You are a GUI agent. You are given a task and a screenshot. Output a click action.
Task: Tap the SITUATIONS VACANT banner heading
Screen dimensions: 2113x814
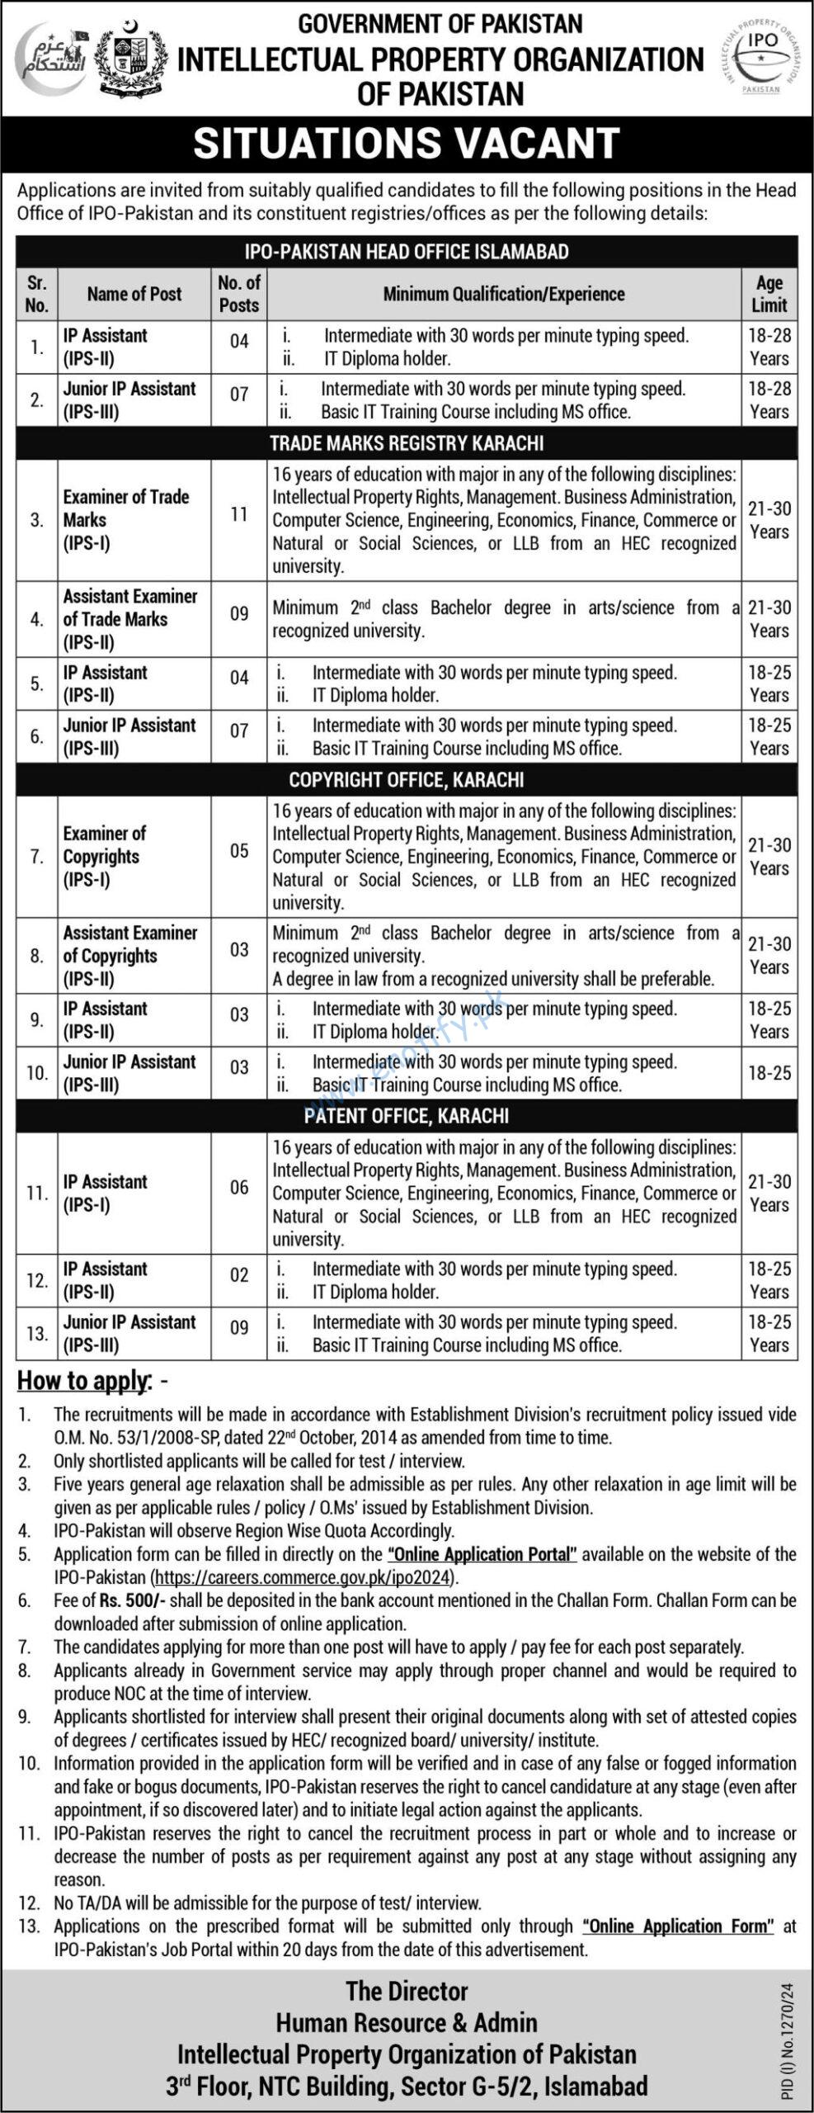407,144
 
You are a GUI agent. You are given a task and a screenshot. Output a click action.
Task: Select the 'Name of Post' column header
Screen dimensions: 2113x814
134,294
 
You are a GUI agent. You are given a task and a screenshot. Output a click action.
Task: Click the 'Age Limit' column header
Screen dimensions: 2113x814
769,294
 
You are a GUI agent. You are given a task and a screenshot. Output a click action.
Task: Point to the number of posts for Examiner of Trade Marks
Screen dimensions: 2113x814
239,515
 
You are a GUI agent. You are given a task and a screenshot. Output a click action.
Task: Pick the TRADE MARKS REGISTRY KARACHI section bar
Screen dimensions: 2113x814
407,443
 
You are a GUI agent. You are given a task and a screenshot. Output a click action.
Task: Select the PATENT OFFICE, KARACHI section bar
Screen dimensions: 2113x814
407,1116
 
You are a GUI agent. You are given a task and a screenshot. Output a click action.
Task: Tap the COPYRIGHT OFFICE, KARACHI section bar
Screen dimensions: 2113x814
407,779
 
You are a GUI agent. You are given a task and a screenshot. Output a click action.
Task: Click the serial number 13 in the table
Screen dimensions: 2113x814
37,1333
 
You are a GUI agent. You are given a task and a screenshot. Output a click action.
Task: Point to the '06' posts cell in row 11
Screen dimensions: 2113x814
239,1187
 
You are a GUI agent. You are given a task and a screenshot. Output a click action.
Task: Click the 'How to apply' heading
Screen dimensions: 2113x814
84,1381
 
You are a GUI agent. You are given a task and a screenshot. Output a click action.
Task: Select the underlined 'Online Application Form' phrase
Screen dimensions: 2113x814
678,1926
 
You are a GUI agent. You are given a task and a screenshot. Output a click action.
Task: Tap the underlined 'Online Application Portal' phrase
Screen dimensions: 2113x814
482,1554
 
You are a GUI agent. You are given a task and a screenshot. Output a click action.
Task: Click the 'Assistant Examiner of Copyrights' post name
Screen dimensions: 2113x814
130,955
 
